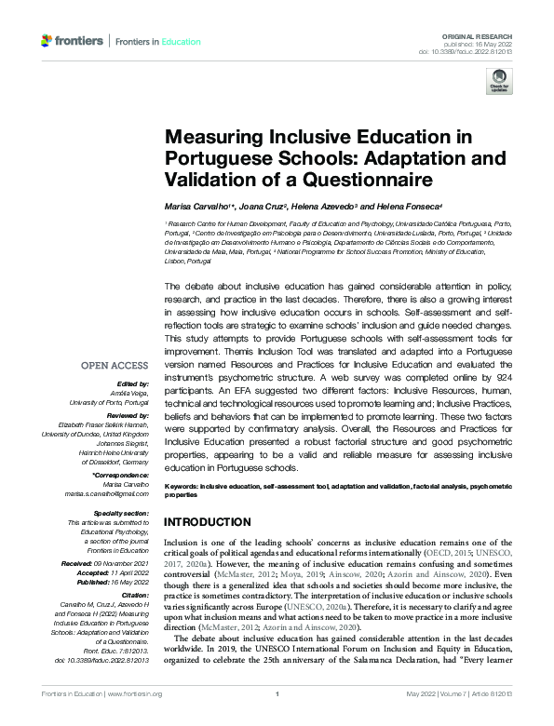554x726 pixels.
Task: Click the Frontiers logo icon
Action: click(x=47, y=41)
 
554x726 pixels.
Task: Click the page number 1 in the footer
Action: click(x=277, y=719)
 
